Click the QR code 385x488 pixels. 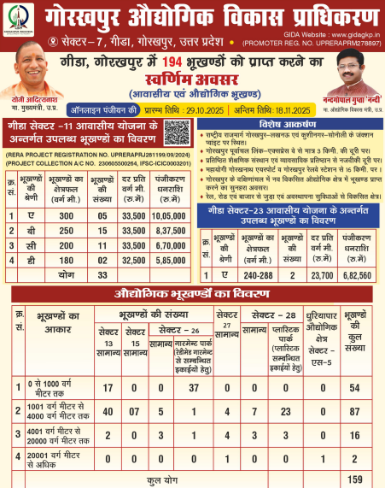click(176, 138)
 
